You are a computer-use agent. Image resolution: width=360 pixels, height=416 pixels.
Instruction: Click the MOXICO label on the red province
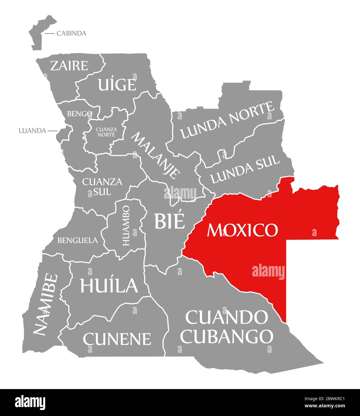coord(242,230)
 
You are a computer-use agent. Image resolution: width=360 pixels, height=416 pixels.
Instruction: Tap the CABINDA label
coord(71,33)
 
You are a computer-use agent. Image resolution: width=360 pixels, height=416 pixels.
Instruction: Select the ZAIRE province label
coord(69,66)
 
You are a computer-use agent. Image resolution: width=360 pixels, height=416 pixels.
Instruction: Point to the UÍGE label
coord(117,85)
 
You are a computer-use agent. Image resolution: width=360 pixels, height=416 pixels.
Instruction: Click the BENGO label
coord(79,114)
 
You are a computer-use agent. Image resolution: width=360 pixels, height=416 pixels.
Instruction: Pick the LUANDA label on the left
coord(32,131)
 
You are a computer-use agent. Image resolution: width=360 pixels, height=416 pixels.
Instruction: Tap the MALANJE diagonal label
coord(156,155)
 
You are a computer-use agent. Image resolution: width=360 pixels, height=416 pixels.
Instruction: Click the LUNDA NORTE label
coord(227,121)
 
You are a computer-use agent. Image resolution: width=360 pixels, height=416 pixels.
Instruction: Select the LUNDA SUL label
coord(245,170)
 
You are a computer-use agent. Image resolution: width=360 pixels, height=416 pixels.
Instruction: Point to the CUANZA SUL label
coord(98,186)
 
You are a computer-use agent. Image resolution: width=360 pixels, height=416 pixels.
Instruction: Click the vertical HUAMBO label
coord(127,225)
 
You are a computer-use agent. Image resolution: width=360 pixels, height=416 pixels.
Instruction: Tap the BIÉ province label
coord(169,221)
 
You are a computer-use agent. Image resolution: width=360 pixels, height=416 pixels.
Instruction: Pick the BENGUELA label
coord(77,240)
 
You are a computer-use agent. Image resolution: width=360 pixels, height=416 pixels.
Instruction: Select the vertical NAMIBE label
coord(45,304)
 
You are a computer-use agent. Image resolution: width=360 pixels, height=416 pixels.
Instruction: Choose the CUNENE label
coord(117,339)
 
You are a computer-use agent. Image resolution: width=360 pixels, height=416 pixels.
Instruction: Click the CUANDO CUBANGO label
coord(227,327)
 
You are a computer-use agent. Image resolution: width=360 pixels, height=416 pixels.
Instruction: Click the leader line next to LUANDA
coord(52,131)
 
